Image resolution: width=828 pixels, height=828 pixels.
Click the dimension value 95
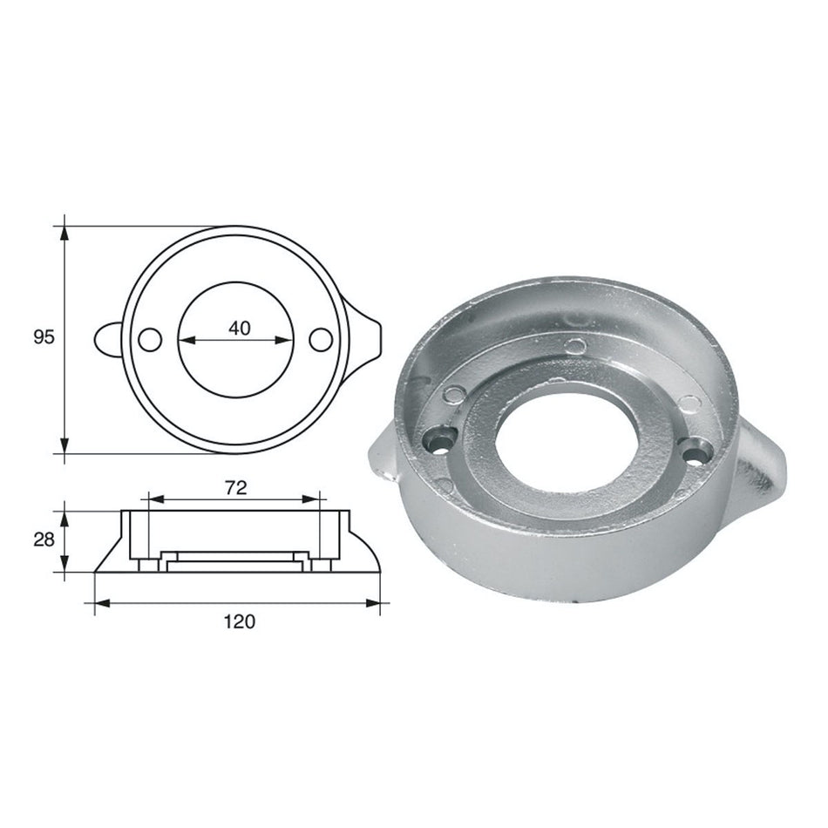[43, 337]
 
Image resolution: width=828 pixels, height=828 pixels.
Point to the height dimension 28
[43, 540]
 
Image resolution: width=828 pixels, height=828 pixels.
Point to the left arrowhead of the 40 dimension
[184, 340]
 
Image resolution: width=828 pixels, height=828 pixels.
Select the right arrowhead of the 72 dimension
[315, 499]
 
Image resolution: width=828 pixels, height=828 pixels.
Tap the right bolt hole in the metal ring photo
[695, 453]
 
